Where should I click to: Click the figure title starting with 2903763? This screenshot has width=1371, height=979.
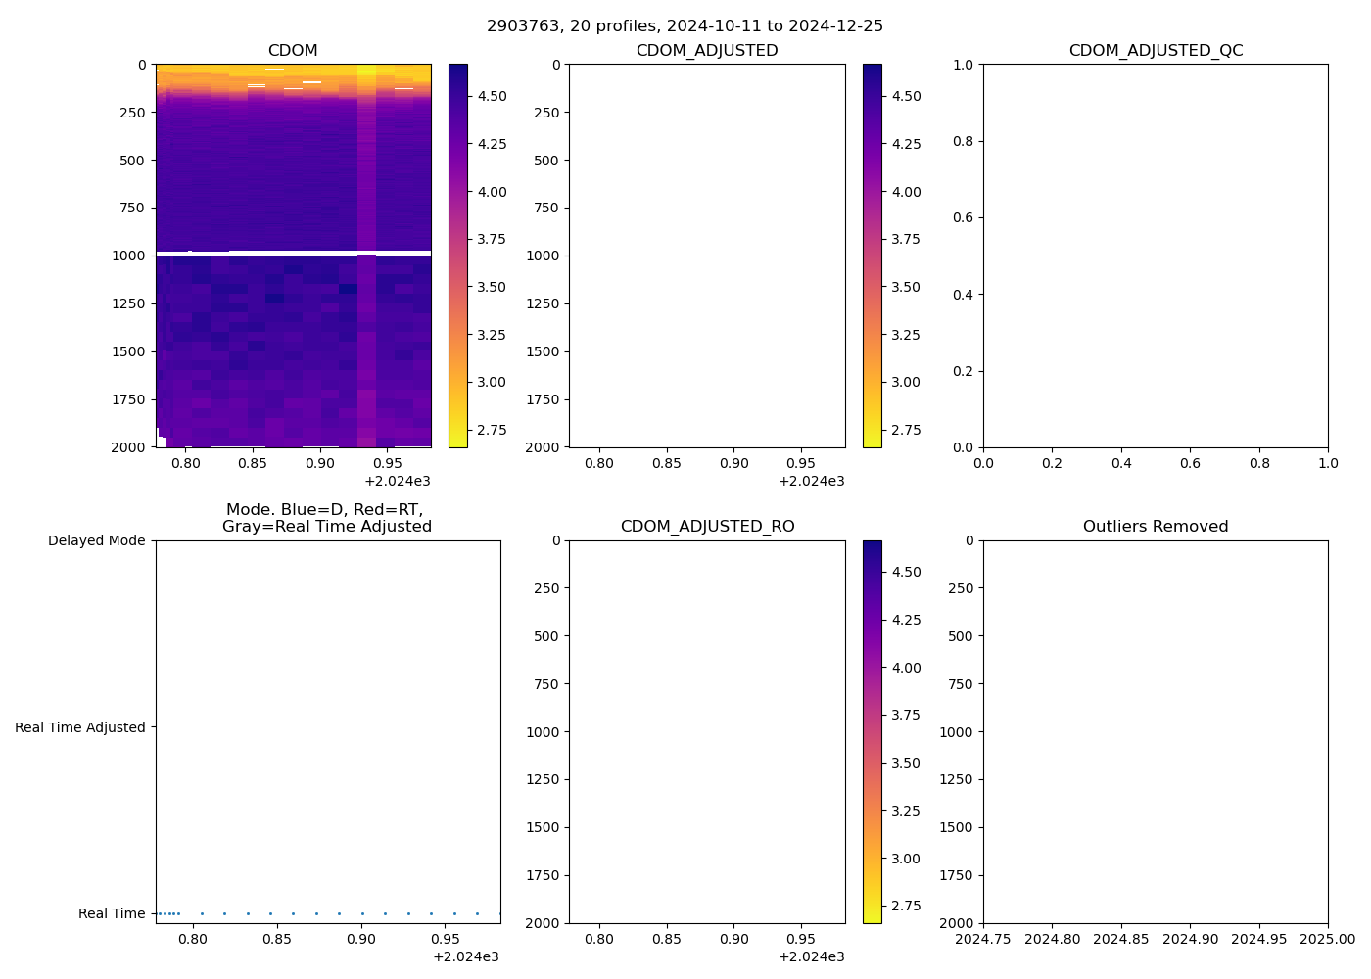[685, 26]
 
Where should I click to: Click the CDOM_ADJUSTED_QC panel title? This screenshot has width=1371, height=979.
[1156, 51]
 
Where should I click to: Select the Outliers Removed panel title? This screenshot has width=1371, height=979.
[1156, 527]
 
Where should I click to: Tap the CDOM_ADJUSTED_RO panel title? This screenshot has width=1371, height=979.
[707, 527]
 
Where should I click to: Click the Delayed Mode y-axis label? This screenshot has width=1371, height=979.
[96, 540]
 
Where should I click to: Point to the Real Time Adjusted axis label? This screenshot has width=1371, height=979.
[80, 727]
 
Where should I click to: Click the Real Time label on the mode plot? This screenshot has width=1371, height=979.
[112, 913]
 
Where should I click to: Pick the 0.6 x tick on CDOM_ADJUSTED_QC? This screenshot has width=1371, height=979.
[1190, 463]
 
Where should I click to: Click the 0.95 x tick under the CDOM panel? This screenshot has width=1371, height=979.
[387, 463]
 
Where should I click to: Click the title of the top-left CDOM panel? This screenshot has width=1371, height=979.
[293, 51]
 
